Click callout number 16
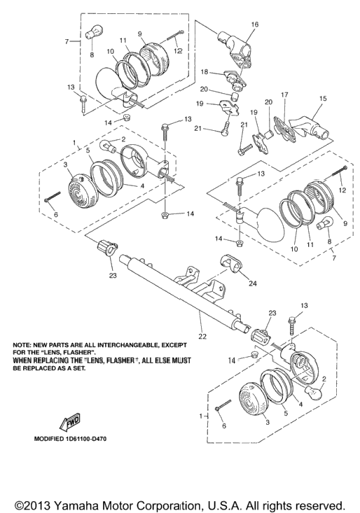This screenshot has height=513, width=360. click(255, 24)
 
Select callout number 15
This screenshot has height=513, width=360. click(323, 98)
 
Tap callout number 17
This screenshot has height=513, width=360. click(284, 94)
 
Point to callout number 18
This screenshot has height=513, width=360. click(205, 71)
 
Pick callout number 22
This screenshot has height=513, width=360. click(203, 337)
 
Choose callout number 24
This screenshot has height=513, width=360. click(253, 283)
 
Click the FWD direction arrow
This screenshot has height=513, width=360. click(69, 423)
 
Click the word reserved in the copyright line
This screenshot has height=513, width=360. click(321, 504)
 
